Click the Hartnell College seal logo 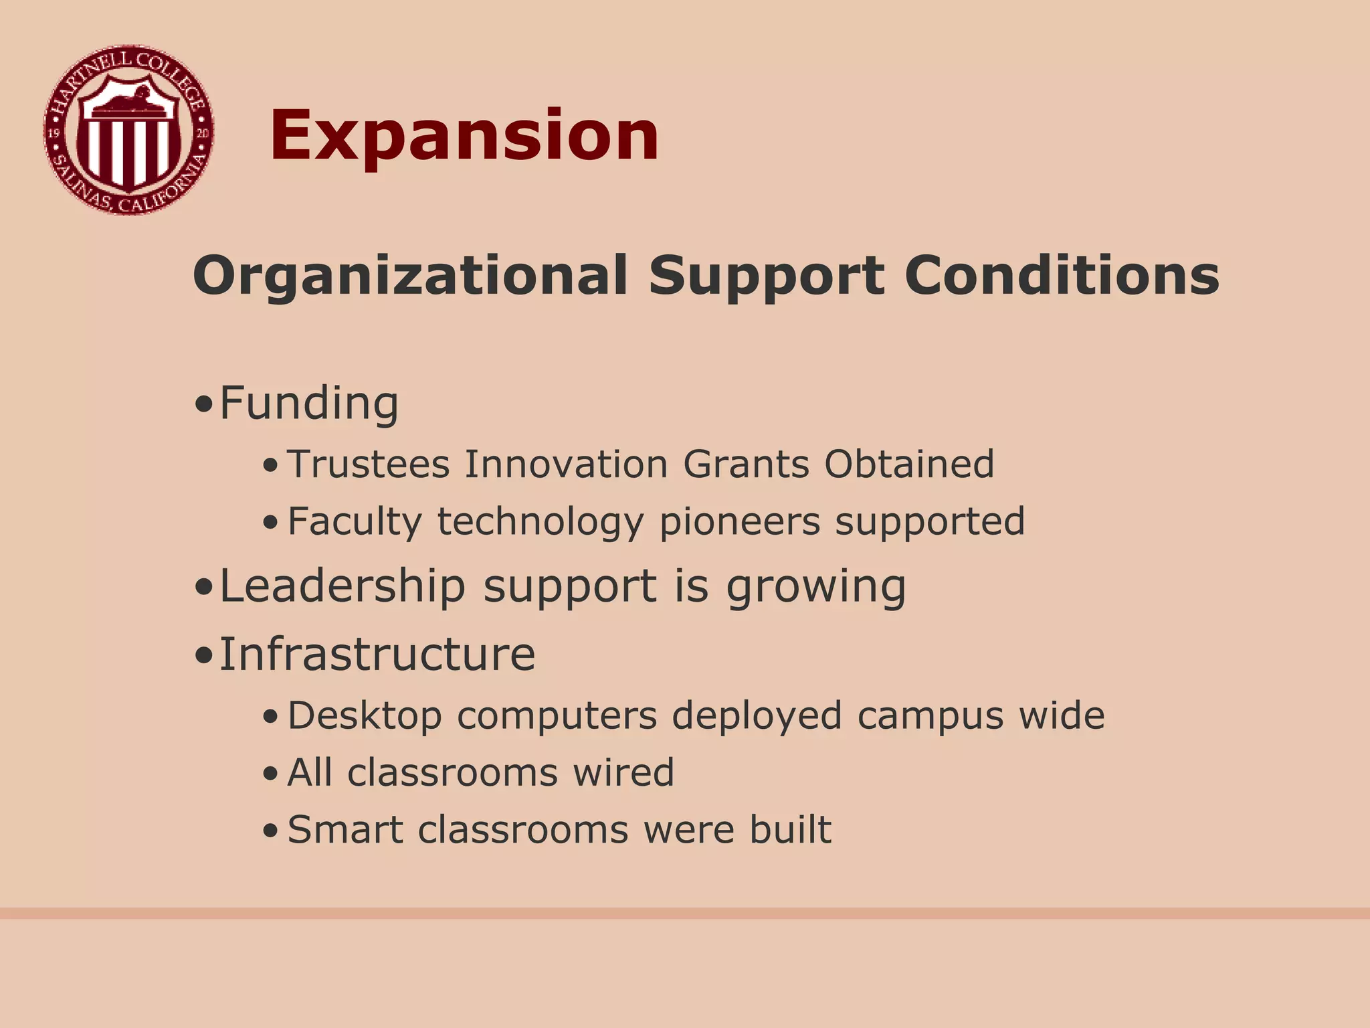pyautogui.click(x=128, y=131)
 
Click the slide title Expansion pyautogui.click(x=464, y=136)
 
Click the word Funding pyautogui.click(x=309, y=404)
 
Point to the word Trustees pyautogui.click(x=369, y=464)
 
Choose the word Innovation pyautogui.click(x=566, y=464)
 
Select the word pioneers pyautogui.click(x=739, y=523)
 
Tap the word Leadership pyautogui.click(x=342, y=586)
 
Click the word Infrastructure pyautogui.click(x=377, y=654)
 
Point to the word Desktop pyautogui.click(x=365, y=716)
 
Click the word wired pyautogui.click(x=623, y=772)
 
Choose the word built pyautogui.click(x=790, y=830)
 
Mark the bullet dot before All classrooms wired pyautogui.click(x=270, y=775)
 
